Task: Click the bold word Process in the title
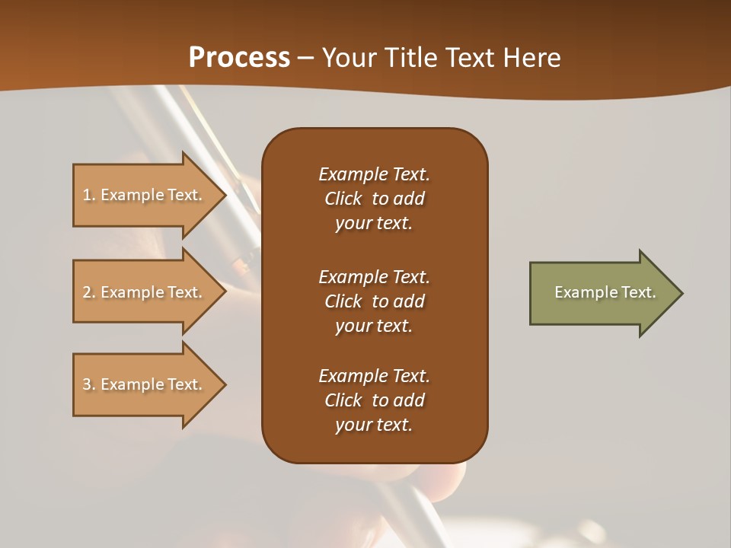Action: [239, 58]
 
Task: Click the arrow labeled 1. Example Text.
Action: [145, 195]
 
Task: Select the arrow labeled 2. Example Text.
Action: [145, 292]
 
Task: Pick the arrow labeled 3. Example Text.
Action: [145, 384]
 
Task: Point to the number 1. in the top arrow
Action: [89, 195]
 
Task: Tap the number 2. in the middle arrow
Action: [89, 292]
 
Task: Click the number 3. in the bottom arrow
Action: [89, 384]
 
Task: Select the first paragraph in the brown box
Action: [374, 199]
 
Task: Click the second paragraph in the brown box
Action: [374, 301]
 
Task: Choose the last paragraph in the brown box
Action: [374, 400]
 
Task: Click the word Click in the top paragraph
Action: [343, 199]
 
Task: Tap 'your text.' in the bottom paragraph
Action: [374, 425]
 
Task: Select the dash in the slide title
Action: [306, 58]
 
